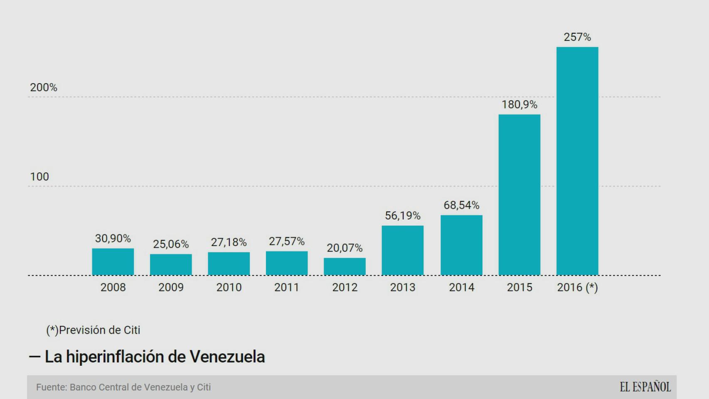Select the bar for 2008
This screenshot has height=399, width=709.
pyautogui.click(x=113, y=262)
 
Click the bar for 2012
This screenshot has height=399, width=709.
pyautogui.click(x=345, y=266)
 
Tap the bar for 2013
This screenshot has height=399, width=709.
pyautogui.click(x=402, y=250)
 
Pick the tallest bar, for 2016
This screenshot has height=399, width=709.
pyautogui.click(x=577, y=161)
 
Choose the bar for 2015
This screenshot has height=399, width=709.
pyautogui.click(x=519, y=195)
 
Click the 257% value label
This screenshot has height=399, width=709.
pyautogui.click(x=577, y=37)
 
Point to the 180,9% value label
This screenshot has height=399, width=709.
pyautogui.click(x=519, y=104)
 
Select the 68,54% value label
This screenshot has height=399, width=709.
pyautogui.click(x=461, y=205)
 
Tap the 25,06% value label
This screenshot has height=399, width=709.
pyautogui.click(x=171, y=244)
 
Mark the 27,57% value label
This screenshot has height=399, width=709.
pyautogui.click(x=287, y=241)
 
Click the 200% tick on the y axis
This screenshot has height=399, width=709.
pyautogui.click(x=44, y=87)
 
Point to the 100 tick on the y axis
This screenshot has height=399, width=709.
pyautogui.click(x=39, y=177)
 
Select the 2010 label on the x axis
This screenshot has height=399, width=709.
pyautogui.click(x=229, y=287)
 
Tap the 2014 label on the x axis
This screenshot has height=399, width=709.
pyautogui.click(x=461, y=287)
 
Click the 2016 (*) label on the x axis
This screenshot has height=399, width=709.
pyautogui.click(x=577, y=287)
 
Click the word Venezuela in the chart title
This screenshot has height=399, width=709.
pyautogui.click(x=227, y=357)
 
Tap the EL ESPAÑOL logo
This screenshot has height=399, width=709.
pyautogui.click(x=645, y=387)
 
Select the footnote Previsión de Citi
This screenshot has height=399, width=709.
pyautogui.click(x=94, y=330)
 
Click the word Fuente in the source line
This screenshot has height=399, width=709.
pyautogui.click(x=52, y=387)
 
